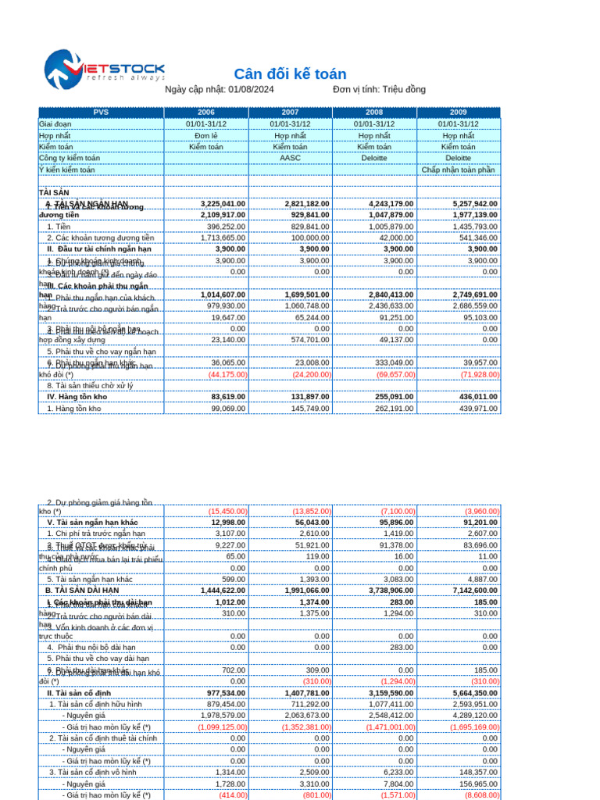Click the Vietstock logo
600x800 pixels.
(104, 70)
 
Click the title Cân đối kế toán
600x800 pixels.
(290, 74)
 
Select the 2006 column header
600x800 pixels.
(206, 112)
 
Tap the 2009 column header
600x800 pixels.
(458, 112)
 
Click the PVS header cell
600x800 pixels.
(101, 112)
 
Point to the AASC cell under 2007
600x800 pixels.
(290, 158)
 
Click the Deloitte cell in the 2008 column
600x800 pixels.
(374, 158)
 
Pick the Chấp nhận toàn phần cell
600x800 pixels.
(459, 170)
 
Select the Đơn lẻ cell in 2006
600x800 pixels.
(206, 135)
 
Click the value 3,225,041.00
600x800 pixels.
(223, 204)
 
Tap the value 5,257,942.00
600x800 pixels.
(474, 204)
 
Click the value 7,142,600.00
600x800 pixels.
(474, 591)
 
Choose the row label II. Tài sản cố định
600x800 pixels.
(79, 693)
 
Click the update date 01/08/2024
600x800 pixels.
(251, 90)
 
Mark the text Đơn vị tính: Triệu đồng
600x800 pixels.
(379, 90)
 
